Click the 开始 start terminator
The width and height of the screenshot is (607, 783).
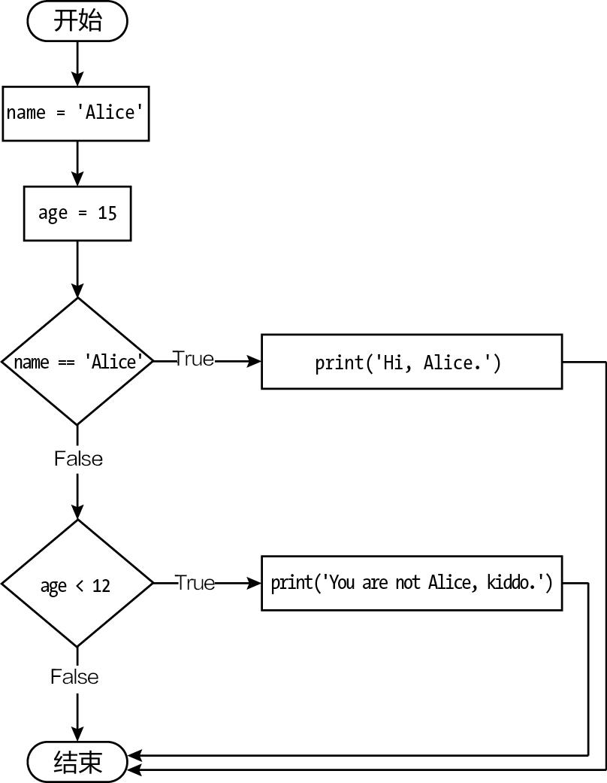click(x=77, y=21)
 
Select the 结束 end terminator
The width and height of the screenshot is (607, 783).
click(x=77, y=763)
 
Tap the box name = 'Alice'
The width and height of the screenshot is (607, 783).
click(x=76, y=113)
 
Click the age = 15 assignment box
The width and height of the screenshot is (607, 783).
click(x=77, y=213)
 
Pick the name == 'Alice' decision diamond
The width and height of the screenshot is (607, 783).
click(x=77, y=362)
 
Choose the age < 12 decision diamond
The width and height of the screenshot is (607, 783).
click(x=77, y=584)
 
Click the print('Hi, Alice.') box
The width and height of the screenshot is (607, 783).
click(x=411, y=362)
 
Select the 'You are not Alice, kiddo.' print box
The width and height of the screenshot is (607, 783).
click(x=411, y=583)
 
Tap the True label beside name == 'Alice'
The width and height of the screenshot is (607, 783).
click(x=194, y=359)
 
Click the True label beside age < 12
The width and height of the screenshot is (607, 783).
click(x=195, y=582)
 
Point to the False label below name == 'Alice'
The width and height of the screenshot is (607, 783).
click(x=78, y=458)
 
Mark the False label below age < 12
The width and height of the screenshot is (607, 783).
click(x=74, y=676)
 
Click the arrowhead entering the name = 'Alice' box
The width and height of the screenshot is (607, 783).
click(x=77, y=79)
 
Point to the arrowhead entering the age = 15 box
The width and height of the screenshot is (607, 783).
click(x=77, y=179)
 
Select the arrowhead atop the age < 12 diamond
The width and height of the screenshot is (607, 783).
click(x=77, y=512)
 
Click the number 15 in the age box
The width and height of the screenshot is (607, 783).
click(x=107, y=213)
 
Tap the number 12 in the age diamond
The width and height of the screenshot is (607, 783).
click(x=101, y=585)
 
